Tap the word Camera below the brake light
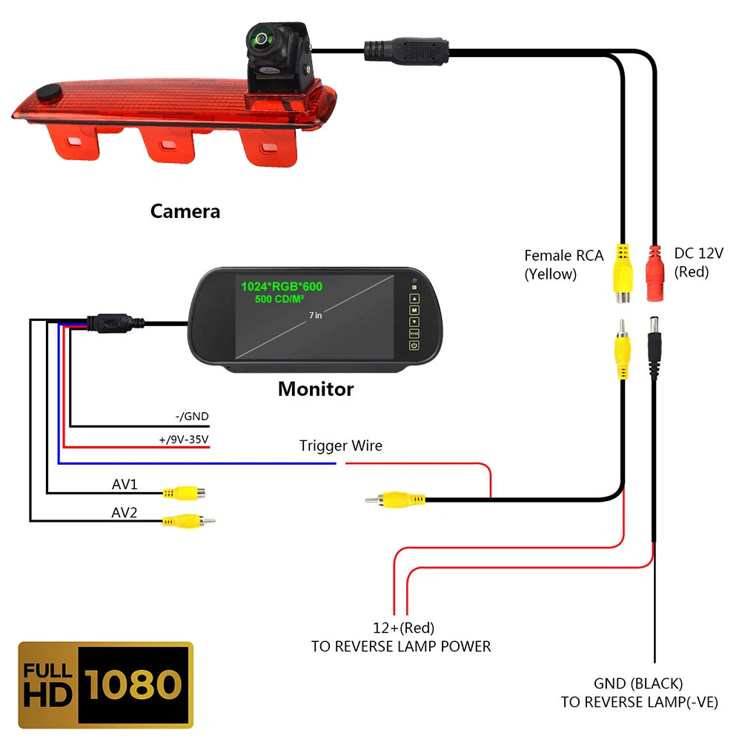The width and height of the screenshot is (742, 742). click(x=185, y=211)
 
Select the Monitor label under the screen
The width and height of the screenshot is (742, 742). click(x=316, y=389)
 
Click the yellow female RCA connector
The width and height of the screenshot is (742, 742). click(x=623, y=274)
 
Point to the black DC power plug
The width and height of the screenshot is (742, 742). click(x=655, y=348)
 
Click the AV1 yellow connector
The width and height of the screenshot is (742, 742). click(x=184, y=493)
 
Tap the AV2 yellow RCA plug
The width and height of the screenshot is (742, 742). click(x=188, y=521)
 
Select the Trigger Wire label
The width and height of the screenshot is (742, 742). click(x=341, y=445)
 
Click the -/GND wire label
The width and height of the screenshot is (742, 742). click(x=192, y=416)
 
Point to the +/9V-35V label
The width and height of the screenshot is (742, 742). click(x=184, y=439)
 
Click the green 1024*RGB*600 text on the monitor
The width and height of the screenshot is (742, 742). click(x=282, y=286)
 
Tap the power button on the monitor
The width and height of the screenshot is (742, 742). click(x=414, y=345)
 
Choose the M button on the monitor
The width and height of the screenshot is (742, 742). click(x=414, y=310)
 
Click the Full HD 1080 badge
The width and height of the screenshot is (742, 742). click(x=105, y=684)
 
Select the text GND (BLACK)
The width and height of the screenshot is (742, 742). click(x=638, y=683)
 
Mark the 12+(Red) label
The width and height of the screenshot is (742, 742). click(x=404, y=628)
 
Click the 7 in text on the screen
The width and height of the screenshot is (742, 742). click(x=315, y=315)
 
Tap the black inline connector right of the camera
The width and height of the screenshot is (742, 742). click(x=406, y=51)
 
